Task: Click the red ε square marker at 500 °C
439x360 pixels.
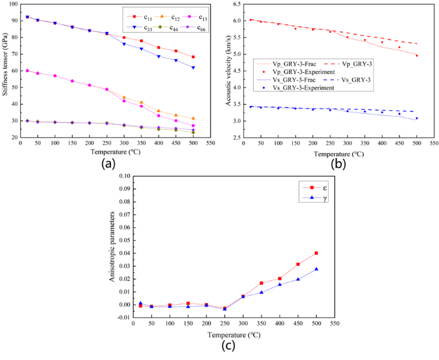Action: click(x=316, y=253)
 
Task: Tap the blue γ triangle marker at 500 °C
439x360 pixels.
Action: click(x=316, y=269)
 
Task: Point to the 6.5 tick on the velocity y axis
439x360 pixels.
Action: click(x=236, y=4)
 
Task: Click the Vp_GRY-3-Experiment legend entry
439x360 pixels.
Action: click(x=285, y=76)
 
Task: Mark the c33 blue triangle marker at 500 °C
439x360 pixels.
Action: click(x=193, y=67)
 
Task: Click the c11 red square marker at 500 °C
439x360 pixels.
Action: click(x=193, y=57)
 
